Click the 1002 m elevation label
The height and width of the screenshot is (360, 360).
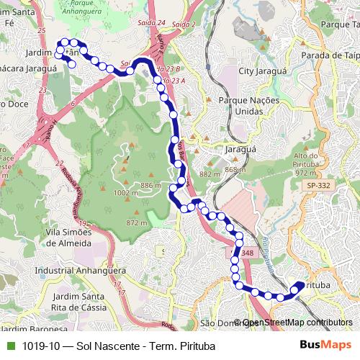(126, 193)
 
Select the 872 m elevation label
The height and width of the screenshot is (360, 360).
(136, 223)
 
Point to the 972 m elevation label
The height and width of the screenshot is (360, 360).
(306, 174)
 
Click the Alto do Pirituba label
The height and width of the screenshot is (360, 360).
(307, 160)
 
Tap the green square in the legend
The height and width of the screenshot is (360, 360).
(9, 346)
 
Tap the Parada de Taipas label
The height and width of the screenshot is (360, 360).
(332, 55)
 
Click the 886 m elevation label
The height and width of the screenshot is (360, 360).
(150, 186)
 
